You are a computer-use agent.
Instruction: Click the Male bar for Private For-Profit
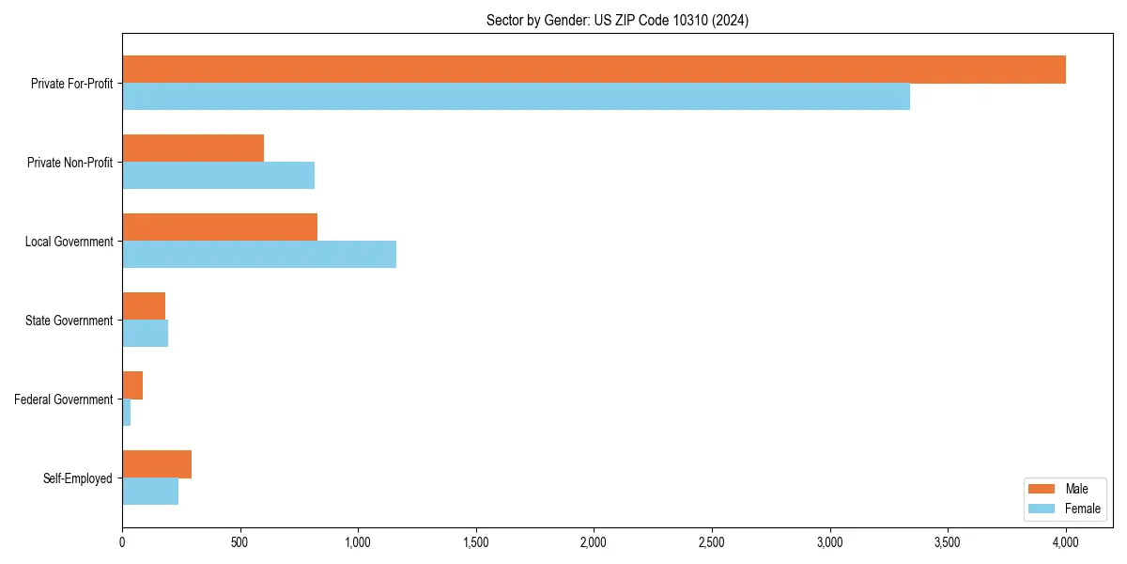coord(594,70)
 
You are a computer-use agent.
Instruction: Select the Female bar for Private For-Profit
coord(516,97)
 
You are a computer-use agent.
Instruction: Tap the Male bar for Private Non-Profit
coord(193,149)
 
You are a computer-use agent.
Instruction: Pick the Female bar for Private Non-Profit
coord(218,176)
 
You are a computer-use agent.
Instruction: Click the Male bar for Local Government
coord(220,227)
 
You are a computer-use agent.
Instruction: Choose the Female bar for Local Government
coord(259,255)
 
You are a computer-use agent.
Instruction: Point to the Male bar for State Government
coord(144,306)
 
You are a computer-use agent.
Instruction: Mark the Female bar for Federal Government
coord(126,413)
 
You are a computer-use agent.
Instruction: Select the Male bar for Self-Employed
coord(157,464)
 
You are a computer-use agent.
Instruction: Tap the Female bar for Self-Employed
coord(150,492)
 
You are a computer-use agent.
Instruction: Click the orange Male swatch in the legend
coord(1042,489)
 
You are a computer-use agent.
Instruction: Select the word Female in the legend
coord(1083,509)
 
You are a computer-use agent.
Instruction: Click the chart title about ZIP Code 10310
coord(617,20)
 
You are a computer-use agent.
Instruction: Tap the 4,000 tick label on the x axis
coord(1066,542)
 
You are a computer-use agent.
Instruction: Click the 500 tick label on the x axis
coord(240,542)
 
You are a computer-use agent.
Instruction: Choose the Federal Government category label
coord(64,399)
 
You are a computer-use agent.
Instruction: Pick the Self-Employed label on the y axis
coord(78,478)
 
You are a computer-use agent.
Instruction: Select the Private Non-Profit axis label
coord(69,163)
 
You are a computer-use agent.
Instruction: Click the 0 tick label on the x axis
coord(122,542)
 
